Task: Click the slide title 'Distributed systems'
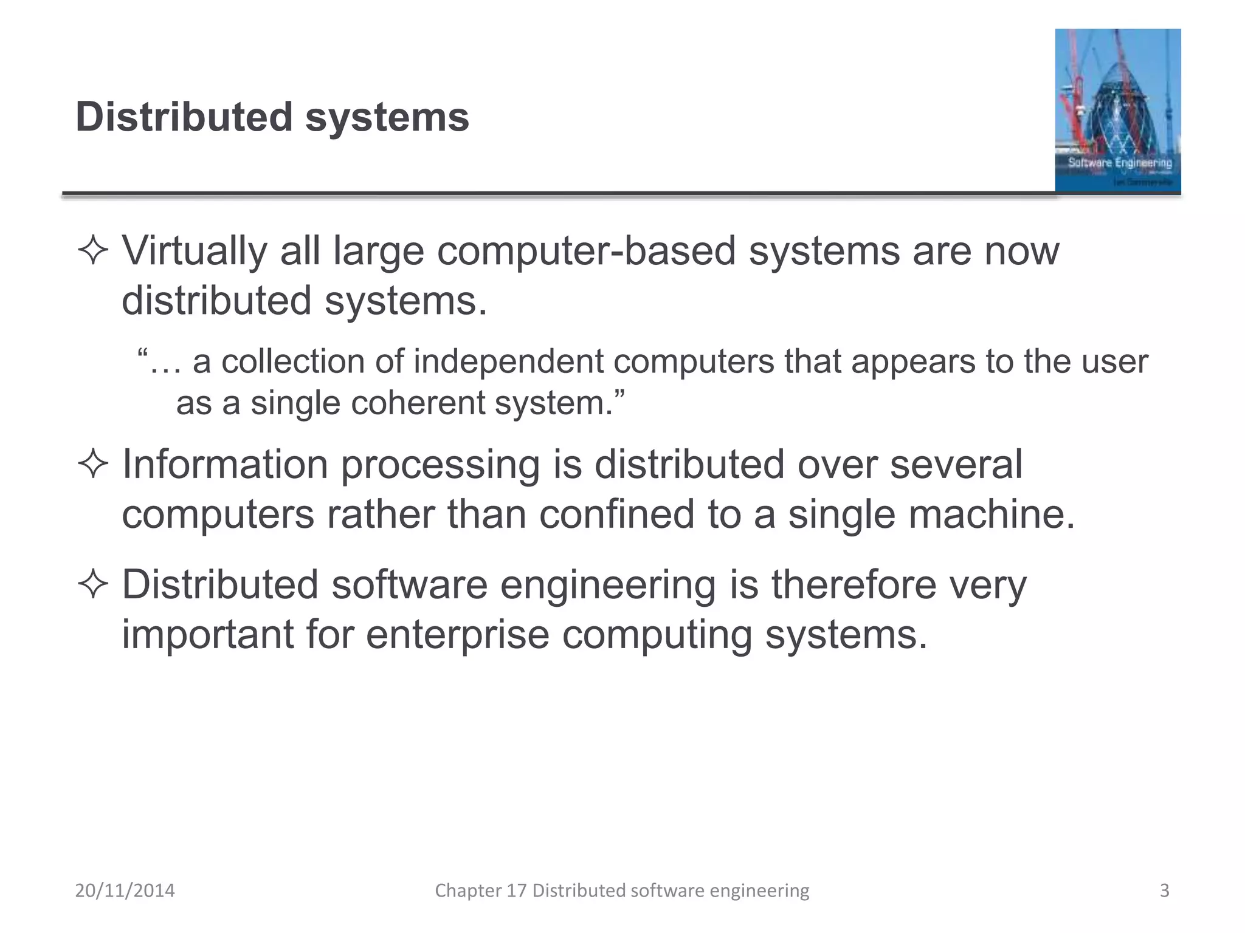[x=272, y=117]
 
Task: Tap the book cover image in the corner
[x=1117, y=111]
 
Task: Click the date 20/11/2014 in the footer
[x=125, y=890]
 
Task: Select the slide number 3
[x=1164, y=890]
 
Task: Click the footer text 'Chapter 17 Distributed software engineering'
[x=622, y=890]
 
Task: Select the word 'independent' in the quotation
[x=508, y=361]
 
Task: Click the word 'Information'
[x=225, y=465]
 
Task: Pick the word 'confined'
[x=616, y=514]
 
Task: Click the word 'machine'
[x=985, y=514]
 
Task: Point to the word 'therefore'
[x=854, y=585]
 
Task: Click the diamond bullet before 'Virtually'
[x=93, y=251]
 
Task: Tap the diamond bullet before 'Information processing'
[x=93, y=465]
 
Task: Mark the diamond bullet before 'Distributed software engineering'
[x=93, y=585]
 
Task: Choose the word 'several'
[x=956, y=465]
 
